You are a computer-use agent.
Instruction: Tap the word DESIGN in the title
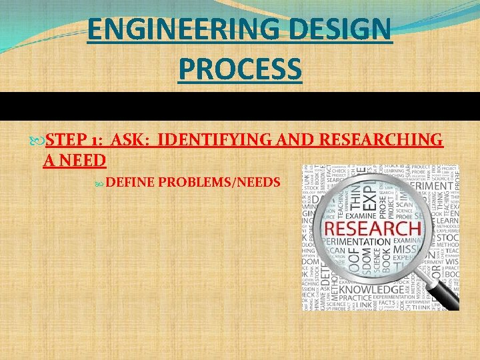click(x=347, y=30)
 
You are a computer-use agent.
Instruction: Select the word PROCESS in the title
click(x=239, y=69)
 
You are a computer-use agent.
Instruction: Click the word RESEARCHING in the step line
click(x=381, y=139)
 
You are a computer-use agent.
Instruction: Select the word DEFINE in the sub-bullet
click(x=130, y=181)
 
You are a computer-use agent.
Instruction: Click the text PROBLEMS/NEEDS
click(x=219, y=181)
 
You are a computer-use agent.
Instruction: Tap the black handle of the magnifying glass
click(x=443, y=293)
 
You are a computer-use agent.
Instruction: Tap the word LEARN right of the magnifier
click(x=446, y=221)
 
